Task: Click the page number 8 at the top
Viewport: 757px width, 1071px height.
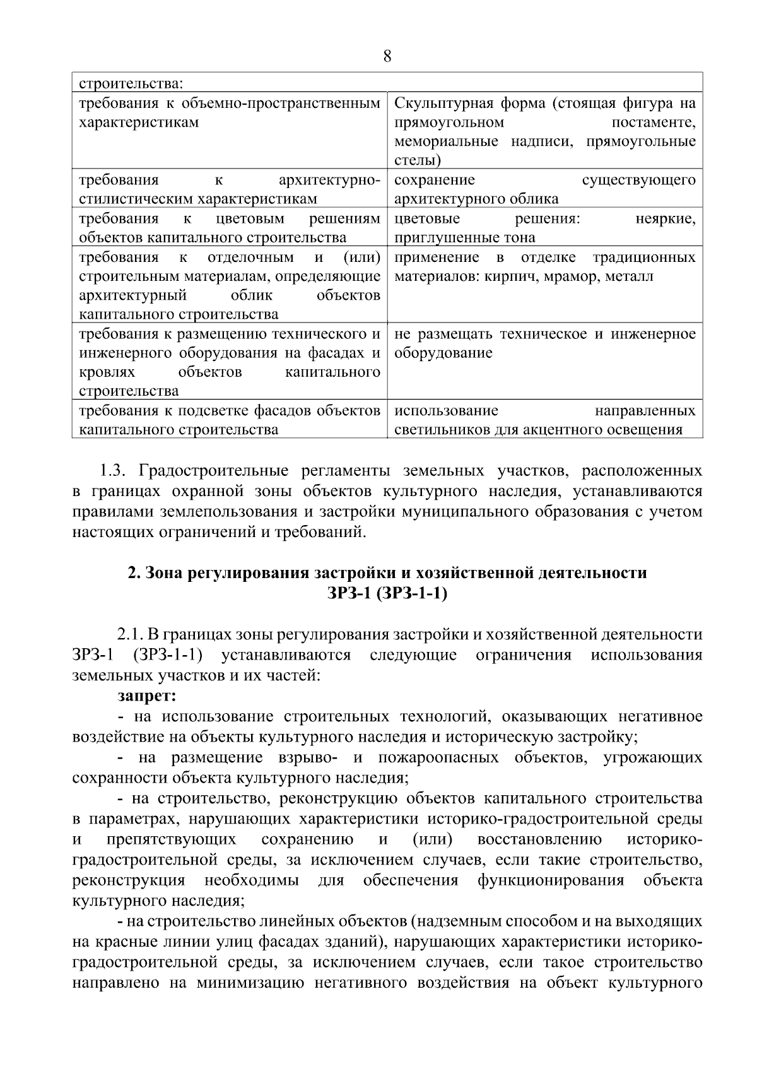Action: (387, 57)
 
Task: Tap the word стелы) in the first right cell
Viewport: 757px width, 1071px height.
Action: (417, 160)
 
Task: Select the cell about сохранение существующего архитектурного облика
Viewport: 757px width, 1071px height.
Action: (544, 189)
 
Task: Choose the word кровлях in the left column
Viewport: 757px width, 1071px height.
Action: (103, 372)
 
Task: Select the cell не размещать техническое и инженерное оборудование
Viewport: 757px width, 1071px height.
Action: (544, 344)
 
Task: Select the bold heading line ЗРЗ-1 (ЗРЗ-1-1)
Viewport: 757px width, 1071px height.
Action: (387, 593)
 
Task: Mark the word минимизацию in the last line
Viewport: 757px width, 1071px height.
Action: (252, 983)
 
